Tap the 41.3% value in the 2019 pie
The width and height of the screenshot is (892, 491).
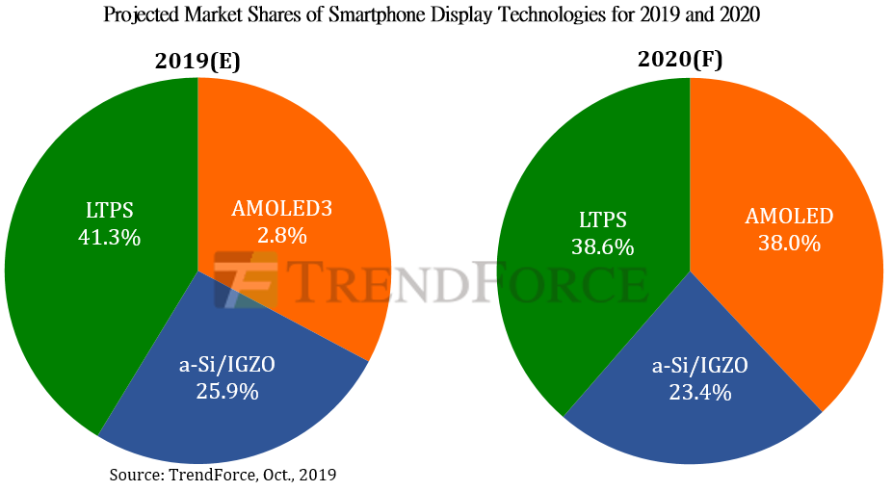110,237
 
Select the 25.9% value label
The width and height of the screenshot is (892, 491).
226,391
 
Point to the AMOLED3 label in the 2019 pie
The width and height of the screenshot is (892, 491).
281,208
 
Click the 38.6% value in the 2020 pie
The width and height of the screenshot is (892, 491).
602,247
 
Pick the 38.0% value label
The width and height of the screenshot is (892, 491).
789,244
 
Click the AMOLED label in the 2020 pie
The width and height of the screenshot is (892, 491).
789,217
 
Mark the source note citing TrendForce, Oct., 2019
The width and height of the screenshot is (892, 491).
223,475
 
